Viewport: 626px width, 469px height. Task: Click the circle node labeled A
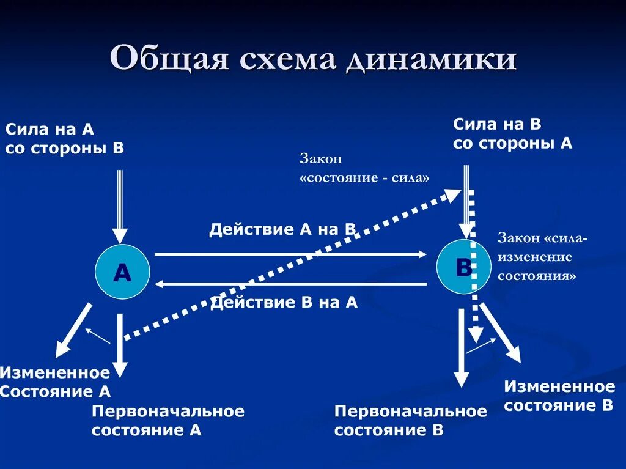(122, 272)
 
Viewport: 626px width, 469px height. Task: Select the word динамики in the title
(431, 61)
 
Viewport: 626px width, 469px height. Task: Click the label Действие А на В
(282, 229)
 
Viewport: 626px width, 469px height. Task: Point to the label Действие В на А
(284, 302)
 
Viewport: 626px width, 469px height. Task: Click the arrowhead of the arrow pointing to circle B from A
(422, 253)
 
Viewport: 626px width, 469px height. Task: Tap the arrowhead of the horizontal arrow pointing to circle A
(160, 284)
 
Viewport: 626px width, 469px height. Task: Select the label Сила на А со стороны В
(64, 138)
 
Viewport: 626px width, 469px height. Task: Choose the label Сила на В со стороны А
(512, 134)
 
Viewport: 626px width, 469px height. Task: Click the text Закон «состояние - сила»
(364, 168)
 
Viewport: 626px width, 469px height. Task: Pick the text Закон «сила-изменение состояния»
(542, 257)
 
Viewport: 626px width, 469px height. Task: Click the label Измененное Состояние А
(55, 382)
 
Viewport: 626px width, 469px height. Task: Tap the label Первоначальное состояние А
(168, 421)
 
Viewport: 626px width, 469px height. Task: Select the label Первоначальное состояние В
(410, 421)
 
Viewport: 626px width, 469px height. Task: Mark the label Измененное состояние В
(559, 396)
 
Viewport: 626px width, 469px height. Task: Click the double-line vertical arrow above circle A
(120, 205)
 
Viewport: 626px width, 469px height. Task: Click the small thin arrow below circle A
(97, 335)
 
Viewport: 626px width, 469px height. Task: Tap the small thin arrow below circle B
(481, 345)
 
